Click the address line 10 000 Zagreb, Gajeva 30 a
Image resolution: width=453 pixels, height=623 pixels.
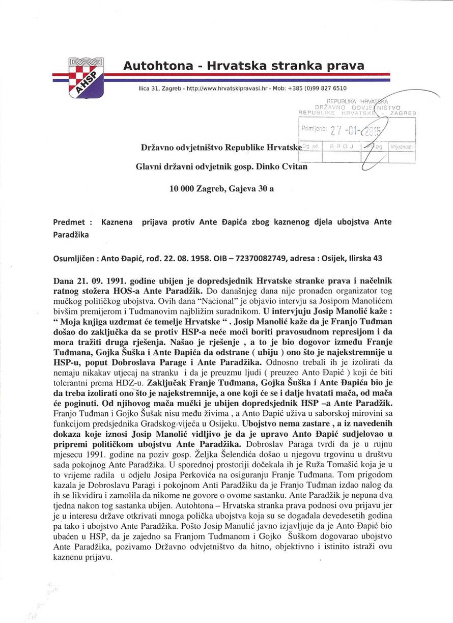coord(221,189)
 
